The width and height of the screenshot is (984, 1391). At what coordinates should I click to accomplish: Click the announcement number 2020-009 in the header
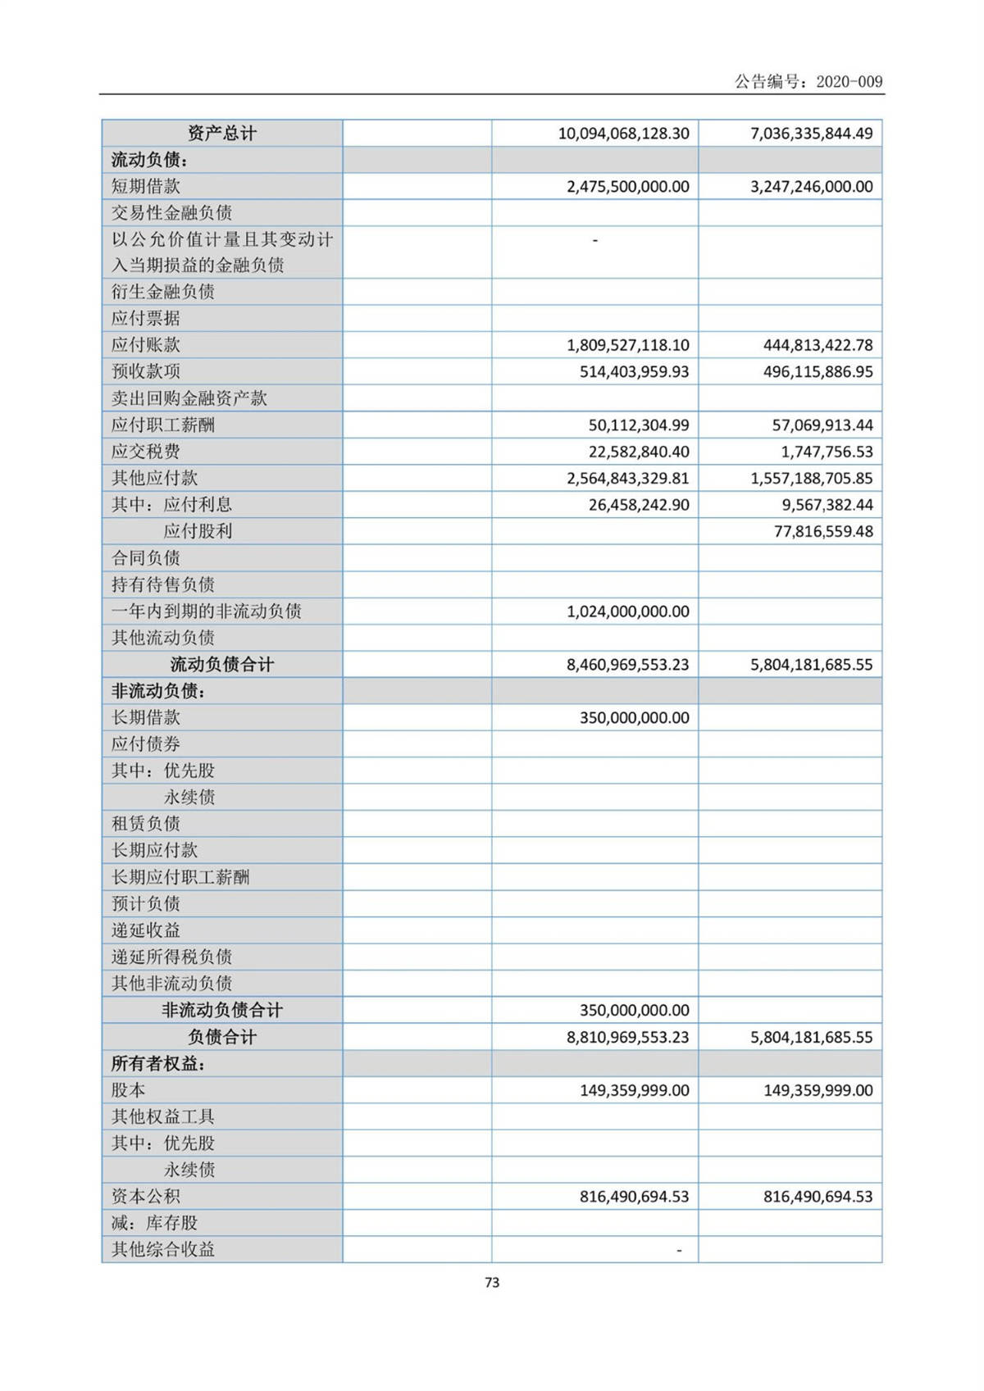850,81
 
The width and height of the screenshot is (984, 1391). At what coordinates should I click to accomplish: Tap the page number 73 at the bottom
492,1282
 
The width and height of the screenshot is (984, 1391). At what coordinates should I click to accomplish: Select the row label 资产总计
221,134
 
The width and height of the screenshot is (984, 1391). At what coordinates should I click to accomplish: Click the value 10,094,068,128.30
623,134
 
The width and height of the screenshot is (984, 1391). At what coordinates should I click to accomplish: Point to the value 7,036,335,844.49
811,134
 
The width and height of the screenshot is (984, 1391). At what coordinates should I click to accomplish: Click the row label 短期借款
146,187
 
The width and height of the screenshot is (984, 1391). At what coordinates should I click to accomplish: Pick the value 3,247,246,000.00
811,187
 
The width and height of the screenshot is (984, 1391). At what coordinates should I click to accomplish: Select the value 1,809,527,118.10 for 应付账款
627,345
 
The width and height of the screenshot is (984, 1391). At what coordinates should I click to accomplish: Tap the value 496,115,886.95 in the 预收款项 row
818,372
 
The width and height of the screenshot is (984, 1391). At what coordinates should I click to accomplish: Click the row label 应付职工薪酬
163,425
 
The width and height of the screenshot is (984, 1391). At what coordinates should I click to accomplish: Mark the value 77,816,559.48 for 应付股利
823,531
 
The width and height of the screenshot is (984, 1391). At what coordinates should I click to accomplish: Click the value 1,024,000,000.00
627,611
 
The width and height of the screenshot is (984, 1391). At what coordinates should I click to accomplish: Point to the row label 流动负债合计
221,665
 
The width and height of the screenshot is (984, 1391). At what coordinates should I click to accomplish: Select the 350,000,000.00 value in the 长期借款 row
634,718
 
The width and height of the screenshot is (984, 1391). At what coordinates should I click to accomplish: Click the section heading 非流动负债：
158,692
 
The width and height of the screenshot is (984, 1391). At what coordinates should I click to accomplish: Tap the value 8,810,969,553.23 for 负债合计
627,1037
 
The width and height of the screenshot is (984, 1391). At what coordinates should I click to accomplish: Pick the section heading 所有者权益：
158,1064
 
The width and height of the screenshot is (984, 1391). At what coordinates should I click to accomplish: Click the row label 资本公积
146,1197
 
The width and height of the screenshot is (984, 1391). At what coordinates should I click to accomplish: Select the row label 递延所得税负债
171,957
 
